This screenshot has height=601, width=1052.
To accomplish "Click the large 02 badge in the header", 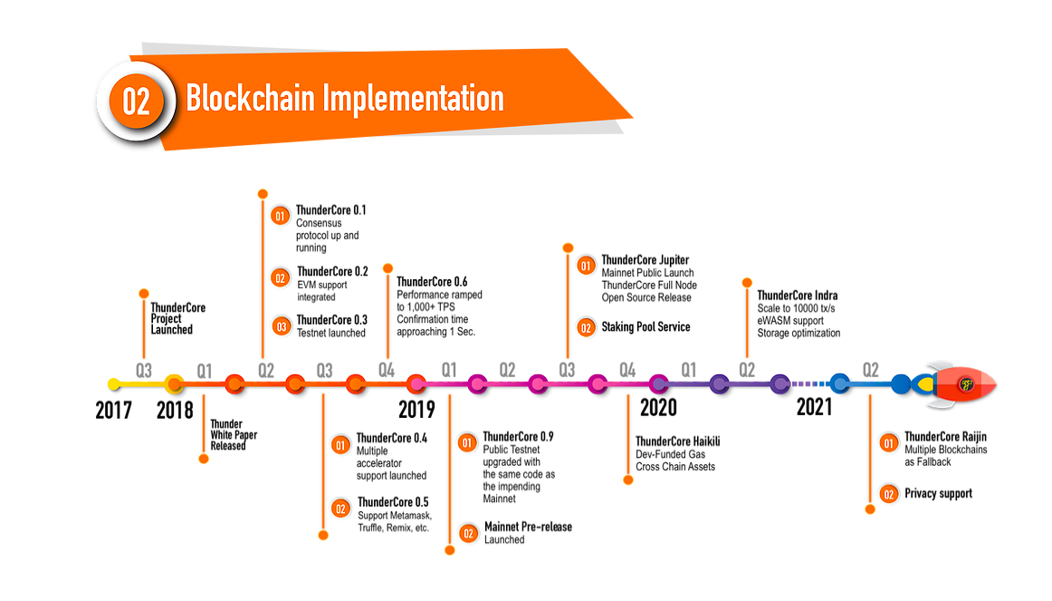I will click(136, 101).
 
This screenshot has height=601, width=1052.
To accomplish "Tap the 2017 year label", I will click(114, 410).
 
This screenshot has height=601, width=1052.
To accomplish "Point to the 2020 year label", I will click(658, 407).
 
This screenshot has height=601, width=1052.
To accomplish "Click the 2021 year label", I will click(814, 407).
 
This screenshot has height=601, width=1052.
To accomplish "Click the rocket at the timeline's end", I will click(961, 384).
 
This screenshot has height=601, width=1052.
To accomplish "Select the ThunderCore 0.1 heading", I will click(331, 210).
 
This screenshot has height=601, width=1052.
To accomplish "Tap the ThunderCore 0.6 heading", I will click(432, 282).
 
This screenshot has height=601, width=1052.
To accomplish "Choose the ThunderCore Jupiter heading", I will click(646, 260).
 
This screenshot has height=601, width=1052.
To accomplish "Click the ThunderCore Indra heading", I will click(798, 296).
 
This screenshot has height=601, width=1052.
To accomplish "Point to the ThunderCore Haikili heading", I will click(678, 441).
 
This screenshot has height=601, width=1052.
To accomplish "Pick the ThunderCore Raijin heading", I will click(946, 437).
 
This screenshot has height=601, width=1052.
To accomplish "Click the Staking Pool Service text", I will click(646, 327).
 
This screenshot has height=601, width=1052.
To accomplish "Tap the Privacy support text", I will click(938, 494).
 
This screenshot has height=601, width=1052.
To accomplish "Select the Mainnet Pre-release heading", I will click(529, 527).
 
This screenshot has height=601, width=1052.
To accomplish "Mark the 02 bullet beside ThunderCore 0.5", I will click(341, 508).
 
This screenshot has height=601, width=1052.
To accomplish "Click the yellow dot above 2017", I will click(113, 384).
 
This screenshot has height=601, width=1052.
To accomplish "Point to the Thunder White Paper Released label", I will click(234, 434).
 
